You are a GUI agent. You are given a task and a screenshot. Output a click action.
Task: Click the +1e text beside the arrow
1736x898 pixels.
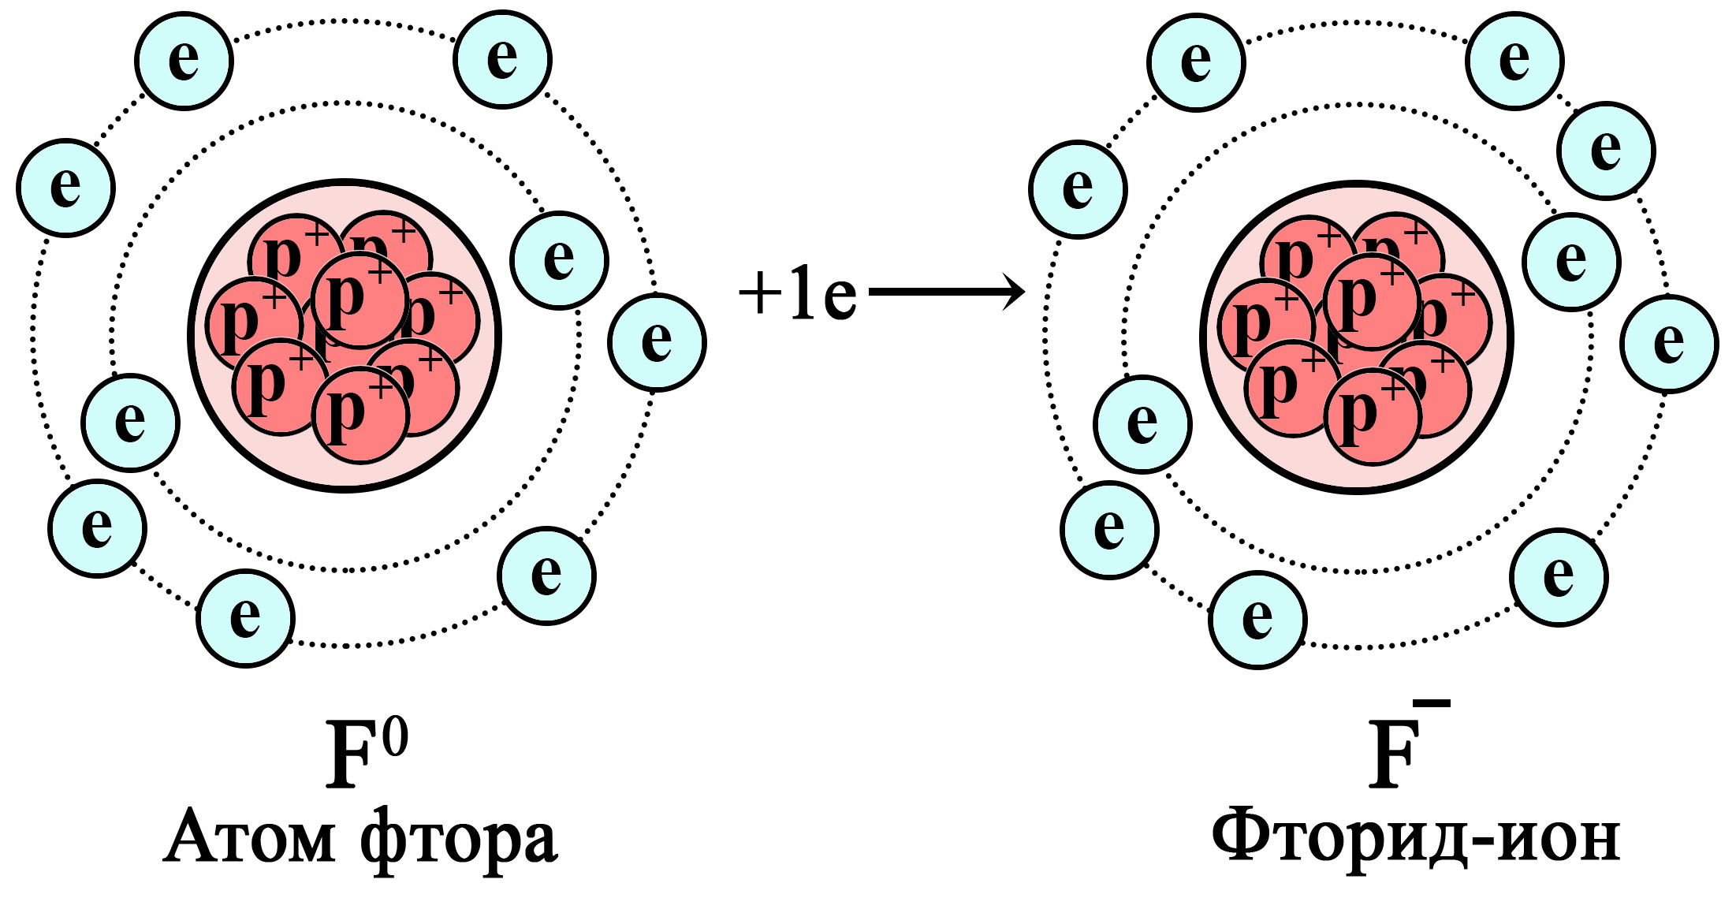click(x=798, y=294)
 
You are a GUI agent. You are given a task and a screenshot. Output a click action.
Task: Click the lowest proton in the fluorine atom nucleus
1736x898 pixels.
click(x=360, y=415)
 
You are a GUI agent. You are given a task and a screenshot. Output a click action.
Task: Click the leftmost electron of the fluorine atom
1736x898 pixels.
click(x=66, y=188)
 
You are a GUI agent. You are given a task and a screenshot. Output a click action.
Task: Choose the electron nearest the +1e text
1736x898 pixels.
click(x=657, y=341)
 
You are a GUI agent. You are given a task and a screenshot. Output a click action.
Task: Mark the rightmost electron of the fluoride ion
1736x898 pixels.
click(x=1669, y=344)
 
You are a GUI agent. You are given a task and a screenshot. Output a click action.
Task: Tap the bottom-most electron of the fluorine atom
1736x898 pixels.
click(x=245, y=618)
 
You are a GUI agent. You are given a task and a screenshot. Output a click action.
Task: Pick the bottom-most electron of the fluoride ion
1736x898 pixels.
click(x=1257, y=620)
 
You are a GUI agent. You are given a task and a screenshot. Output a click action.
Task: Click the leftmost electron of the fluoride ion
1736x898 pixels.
click(x=1078, y=189)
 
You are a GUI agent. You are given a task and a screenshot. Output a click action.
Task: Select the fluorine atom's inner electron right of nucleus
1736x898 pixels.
click(x=559, y=260)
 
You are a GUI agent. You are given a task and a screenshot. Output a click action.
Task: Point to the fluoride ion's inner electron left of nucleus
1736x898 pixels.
click(x=1142, y=424)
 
